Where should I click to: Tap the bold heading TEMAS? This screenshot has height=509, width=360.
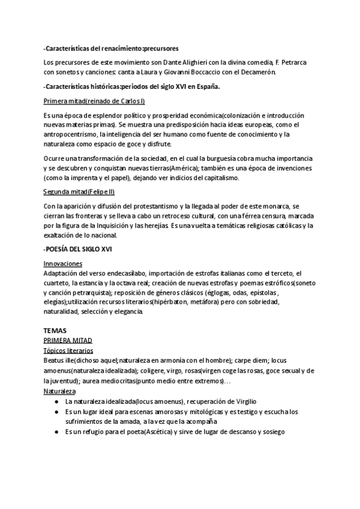pos(55,331)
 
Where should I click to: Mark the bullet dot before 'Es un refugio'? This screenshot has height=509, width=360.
pos(56,432)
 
